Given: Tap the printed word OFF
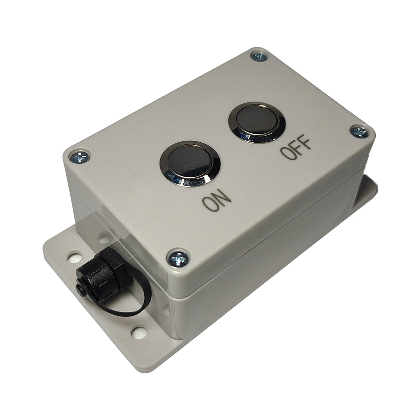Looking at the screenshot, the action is (x=296, y=149).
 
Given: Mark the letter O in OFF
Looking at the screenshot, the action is (x=285, y=154).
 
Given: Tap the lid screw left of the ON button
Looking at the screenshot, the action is (x=79, y=156).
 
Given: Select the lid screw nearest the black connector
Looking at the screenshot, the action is (x=178, y=259).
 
